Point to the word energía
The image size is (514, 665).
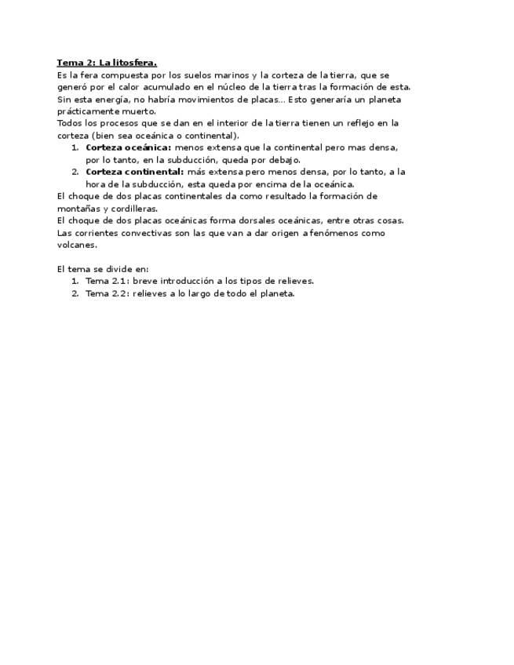click(113, 100)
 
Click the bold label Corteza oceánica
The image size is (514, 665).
click(128, 147)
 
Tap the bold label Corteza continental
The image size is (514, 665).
click(134, 172)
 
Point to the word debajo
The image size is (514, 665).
click(283, 159)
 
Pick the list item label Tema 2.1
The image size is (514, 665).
click(107, 281)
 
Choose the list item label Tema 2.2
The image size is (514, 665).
click(107, 293)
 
